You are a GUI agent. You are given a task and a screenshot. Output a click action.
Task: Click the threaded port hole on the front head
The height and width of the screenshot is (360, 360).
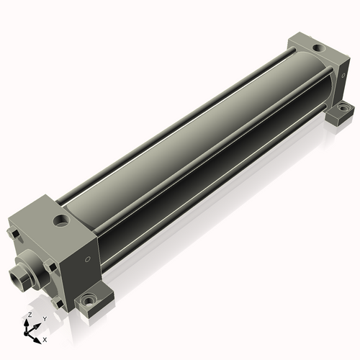[61, 220]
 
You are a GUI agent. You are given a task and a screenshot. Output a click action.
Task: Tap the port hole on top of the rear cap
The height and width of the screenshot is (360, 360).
[319, 48]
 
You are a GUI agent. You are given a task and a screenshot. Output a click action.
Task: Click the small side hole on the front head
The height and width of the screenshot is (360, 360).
[88, 259]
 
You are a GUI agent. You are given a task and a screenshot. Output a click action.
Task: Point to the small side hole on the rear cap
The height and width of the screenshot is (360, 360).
[343, 76]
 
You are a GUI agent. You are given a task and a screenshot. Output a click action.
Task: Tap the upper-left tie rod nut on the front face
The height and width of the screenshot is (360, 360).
[14, 233]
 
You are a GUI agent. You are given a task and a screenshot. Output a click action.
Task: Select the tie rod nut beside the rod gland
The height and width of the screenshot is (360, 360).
[51, 266]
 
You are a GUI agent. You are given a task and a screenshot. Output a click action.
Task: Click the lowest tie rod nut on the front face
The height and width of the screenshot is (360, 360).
[58, 302]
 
